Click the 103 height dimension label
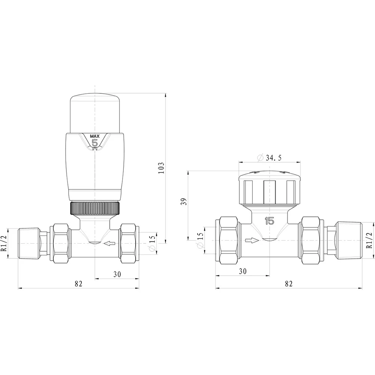(x=162, y=168)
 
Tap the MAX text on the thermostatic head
(x=95, y=136)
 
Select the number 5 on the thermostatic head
(x=95, y=143)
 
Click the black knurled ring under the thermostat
(x=95, y=208)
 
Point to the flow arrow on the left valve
(x=109, y=243)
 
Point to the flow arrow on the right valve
(x=252, y=240)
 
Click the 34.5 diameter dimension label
(x=269, y=157)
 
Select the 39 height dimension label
(x=184, y=202)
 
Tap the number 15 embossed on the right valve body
(x=270, y=221)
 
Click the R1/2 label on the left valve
(x=4, y=243)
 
